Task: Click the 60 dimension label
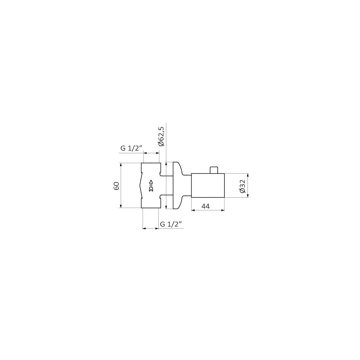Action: [116, 185]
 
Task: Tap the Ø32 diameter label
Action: [242, 186]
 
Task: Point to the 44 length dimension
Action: [206, 206]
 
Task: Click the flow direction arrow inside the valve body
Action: [151, 185]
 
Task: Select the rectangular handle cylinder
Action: [208, 185]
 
